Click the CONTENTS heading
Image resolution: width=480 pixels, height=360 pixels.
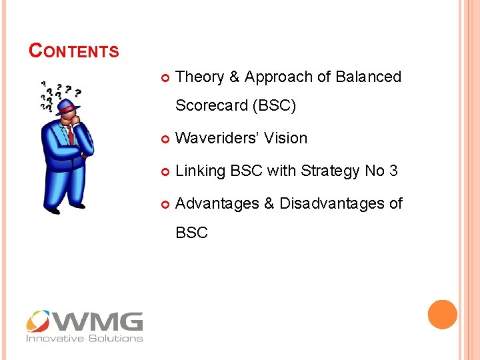[x=74, y=51]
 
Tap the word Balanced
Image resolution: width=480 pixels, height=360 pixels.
[x=369, y=77]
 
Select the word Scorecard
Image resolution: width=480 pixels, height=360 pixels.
[x=211, y=106]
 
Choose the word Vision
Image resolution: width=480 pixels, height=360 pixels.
[x=286, y=139]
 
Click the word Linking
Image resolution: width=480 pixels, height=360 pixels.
[x=200, y=171]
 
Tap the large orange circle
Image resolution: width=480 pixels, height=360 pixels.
[x=442, y=315]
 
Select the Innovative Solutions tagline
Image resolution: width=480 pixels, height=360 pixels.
[x=85, y=339]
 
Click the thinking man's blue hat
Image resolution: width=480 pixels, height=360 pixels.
[x=67, y=107]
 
